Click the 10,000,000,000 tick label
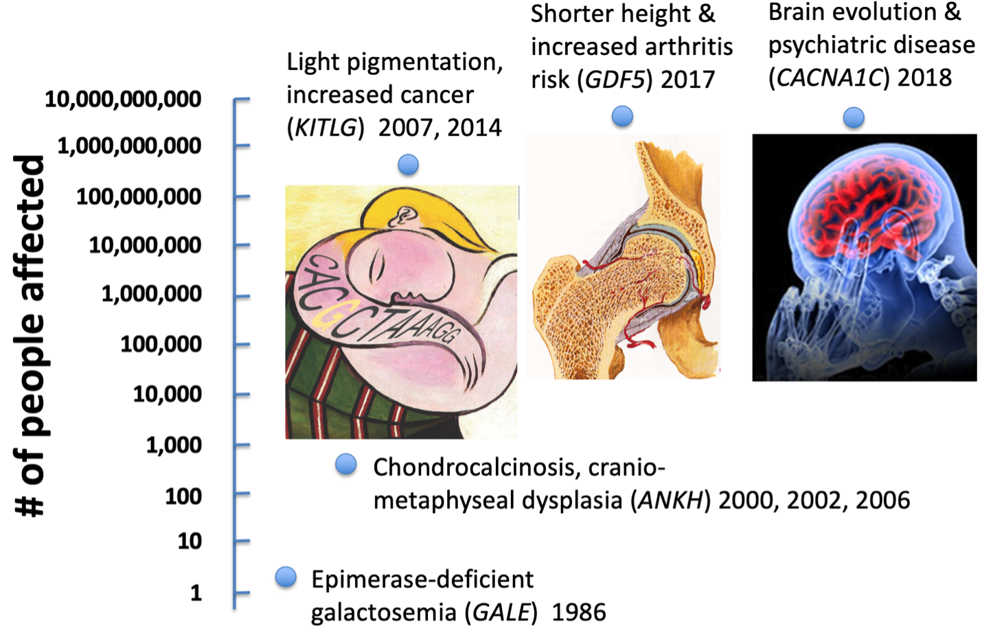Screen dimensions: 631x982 (123, 99)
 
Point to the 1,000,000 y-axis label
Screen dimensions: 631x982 (151, 294)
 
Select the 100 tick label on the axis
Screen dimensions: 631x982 (183, 496)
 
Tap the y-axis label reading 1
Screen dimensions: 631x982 (196, 593)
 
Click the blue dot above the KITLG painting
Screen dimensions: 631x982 (408, 165)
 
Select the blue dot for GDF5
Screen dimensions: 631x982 (622, 116)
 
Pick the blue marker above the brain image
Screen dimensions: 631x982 (854, 117)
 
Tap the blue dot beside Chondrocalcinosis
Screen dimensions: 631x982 (346, 465)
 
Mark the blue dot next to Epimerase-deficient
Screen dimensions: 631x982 (286, 577)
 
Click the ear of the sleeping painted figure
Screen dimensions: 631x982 (400, 217)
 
